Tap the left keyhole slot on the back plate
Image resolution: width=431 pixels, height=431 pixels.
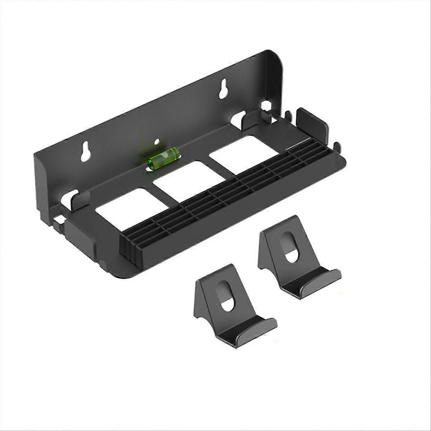(x=86, y=151)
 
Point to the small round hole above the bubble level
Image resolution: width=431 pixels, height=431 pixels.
(x=157, y=141)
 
